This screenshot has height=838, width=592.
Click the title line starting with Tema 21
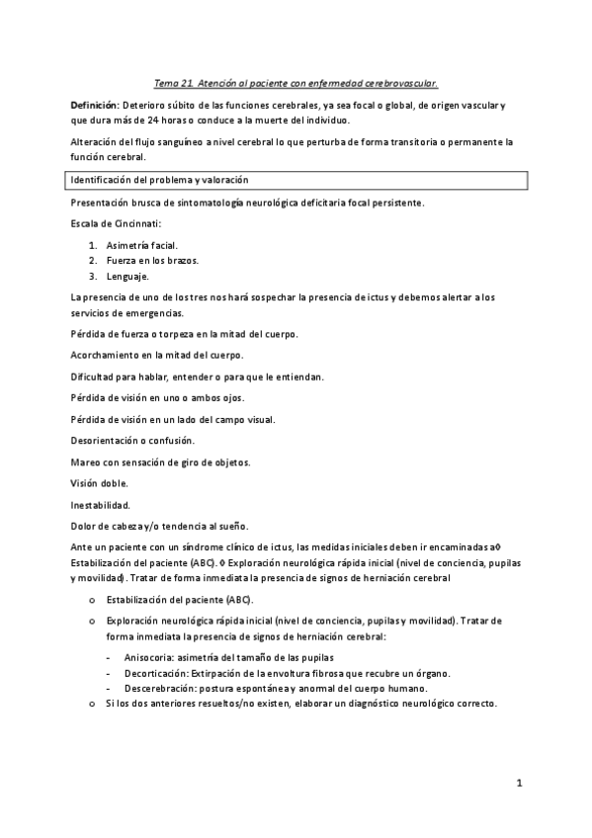point(296,85)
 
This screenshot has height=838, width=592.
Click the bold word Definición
point(94,105)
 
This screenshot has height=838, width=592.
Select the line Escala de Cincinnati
point(114,223)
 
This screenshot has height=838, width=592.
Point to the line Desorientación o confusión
point(133,440)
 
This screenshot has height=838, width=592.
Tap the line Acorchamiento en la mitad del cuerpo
point(157,355)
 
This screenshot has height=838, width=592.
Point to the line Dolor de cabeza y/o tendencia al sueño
point(160,525)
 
